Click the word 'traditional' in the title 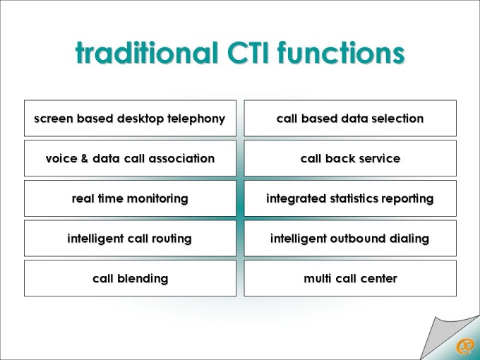[146, 52]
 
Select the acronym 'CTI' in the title [248, 52]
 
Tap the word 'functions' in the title [341, 52]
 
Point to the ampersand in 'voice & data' [85, 159]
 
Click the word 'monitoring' [157, 198]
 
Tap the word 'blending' [143, 279]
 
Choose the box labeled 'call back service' [350, 158]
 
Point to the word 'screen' [54, 119]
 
